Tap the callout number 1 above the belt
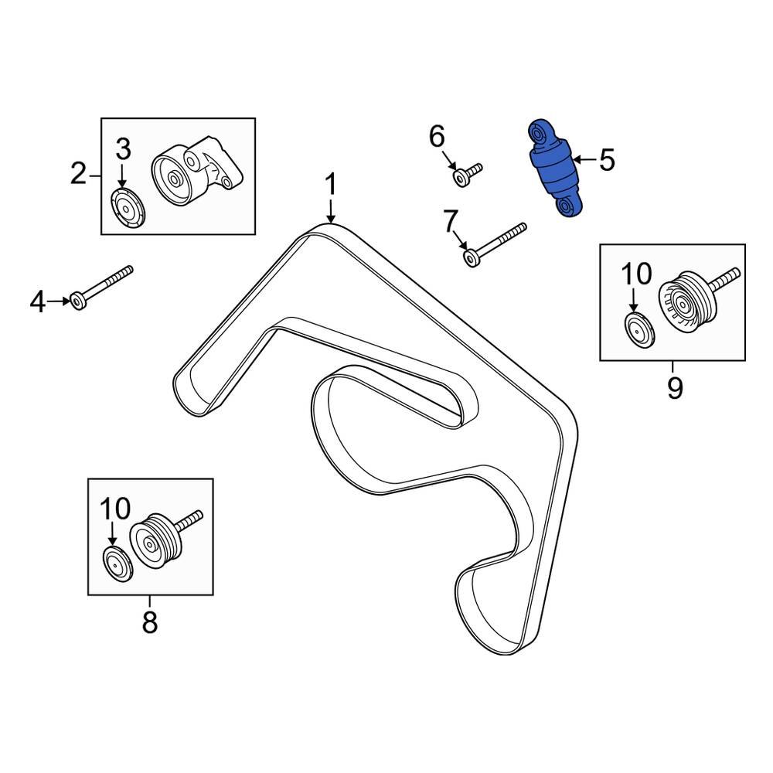pyautogui.click(x=330, y=186)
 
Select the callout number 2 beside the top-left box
pyautogui.click(x=78, y=174)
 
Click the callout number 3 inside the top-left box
pyautogui.click(x=124, y=149)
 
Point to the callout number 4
pyautogui.click(x=38, y=302)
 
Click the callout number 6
pyautogui.click(x=437, y=138)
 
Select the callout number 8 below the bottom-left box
pyautogui.click(x=149, y=621)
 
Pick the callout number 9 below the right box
pyautogui.click(x=674, y=386)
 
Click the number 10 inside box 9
pyautogui.click(x=637, y=274)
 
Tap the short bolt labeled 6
pyautogui.click(x=467, y=175)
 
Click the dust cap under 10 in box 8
pyautogui.click(x=118, y=562)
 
